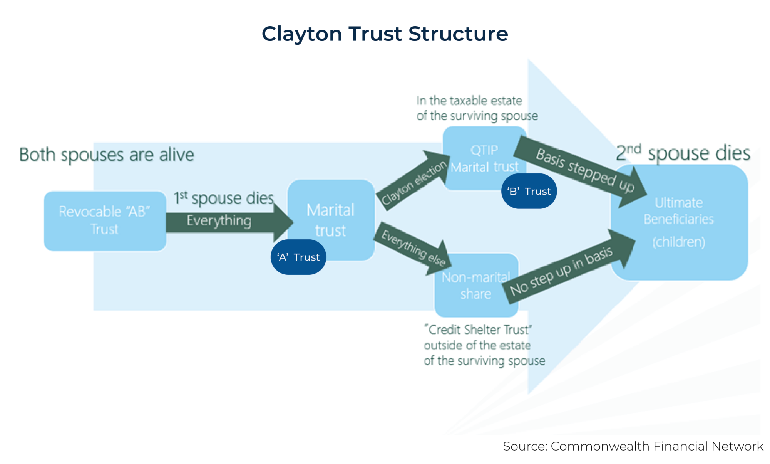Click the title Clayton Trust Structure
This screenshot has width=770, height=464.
pyautogui.click(x=385, y=34)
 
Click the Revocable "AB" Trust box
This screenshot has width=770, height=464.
pyautogui.click(x=105, y=221)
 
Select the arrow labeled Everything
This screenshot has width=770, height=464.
pyautogui.click(x=227, y=222)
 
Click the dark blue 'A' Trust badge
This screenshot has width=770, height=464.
pyautogui.click(x=298, y=257)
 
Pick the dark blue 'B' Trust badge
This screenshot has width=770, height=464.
pyautogui.click(x=529, y=191)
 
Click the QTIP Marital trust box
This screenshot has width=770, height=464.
pyautogui.click(x=484, y=158)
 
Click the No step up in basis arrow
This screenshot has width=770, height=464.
pyautogui.click(x=566, y=270)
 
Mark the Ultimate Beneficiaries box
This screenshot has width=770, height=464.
pyautogui.click(x=680, y=222)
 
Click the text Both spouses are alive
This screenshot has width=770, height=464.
pyautogui.click(x=107, y=155)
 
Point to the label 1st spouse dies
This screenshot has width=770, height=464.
pyautogui.click(x=224, y=198)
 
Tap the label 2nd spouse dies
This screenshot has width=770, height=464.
pyautogui.click(x=683, y=153)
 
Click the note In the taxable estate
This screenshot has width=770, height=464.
pyautogui.click(x=469, y=101)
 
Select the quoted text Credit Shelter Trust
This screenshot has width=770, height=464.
pyautogui.click(x=478, y=330)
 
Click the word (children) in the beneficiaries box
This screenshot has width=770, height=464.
pyautogui.click(x=678, y=242)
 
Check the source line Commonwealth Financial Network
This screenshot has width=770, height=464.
pyautogui.click(x=633, y=446)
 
